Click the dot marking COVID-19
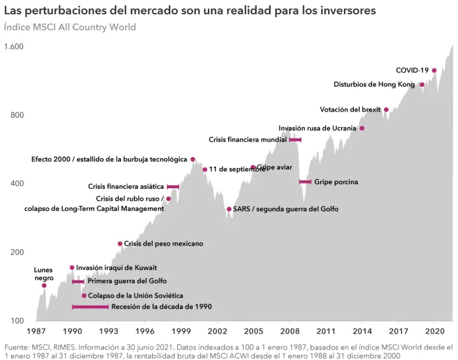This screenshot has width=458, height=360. click(434, 70)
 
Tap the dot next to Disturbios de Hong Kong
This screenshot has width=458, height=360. click(422, 85)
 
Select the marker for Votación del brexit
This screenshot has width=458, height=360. click(386, 109)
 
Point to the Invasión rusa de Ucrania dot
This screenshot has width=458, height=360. click(362, 128)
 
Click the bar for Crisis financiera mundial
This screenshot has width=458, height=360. click(295, 140)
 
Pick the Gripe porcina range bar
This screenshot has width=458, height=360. click(305, 182)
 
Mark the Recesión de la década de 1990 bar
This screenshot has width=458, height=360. click(90, 307)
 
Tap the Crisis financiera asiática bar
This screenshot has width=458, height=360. click(173, 187)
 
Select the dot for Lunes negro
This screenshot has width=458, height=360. click(44, 285)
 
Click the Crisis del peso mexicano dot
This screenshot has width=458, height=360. click(120, 243)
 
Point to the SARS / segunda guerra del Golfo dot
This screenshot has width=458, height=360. click(229, 209)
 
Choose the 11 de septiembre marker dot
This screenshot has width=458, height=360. click(205, 169)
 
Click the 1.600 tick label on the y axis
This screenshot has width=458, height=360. click(14, 47)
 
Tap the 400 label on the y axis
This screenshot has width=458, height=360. click(17, 184)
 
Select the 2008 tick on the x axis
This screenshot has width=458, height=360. click(289, 331)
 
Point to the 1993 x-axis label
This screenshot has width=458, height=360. click(108, 331)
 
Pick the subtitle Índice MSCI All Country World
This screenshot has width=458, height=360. click(70, 27)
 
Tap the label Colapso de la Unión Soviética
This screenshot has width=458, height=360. click(135, 296)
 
